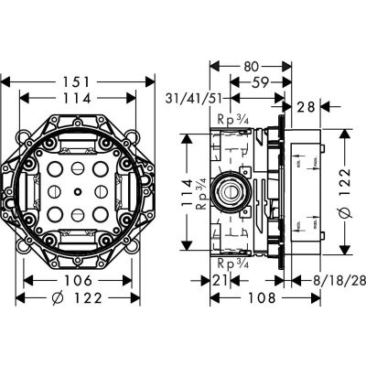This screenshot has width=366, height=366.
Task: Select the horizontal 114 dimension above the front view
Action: [x=78, y=100]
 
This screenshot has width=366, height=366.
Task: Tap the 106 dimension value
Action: [x=79, y=282]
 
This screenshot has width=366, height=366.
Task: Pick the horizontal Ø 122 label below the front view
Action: [x=78, y=299]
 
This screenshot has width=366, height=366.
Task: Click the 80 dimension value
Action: [x=245, y=67]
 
